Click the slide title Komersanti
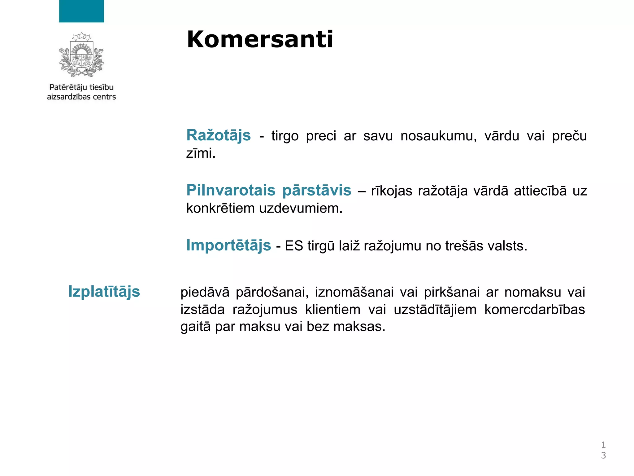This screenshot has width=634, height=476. coord(260,40)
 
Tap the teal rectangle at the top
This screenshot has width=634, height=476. coord(81,11)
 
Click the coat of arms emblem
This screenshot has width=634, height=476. coord(81,55)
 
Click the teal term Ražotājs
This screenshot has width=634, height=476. coord(219,136)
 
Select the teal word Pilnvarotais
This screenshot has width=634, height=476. coord(231,190)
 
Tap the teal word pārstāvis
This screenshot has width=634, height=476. coord(317,190)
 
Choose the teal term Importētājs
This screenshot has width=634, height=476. coord(228,245)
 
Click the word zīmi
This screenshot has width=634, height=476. coord(201,153)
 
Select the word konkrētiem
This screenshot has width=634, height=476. coord(220,208)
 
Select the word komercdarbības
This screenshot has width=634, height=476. coord(534,310)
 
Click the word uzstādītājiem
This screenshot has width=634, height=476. coord(435,310)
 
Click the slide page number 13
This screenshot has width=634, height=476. coord(603,450)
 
